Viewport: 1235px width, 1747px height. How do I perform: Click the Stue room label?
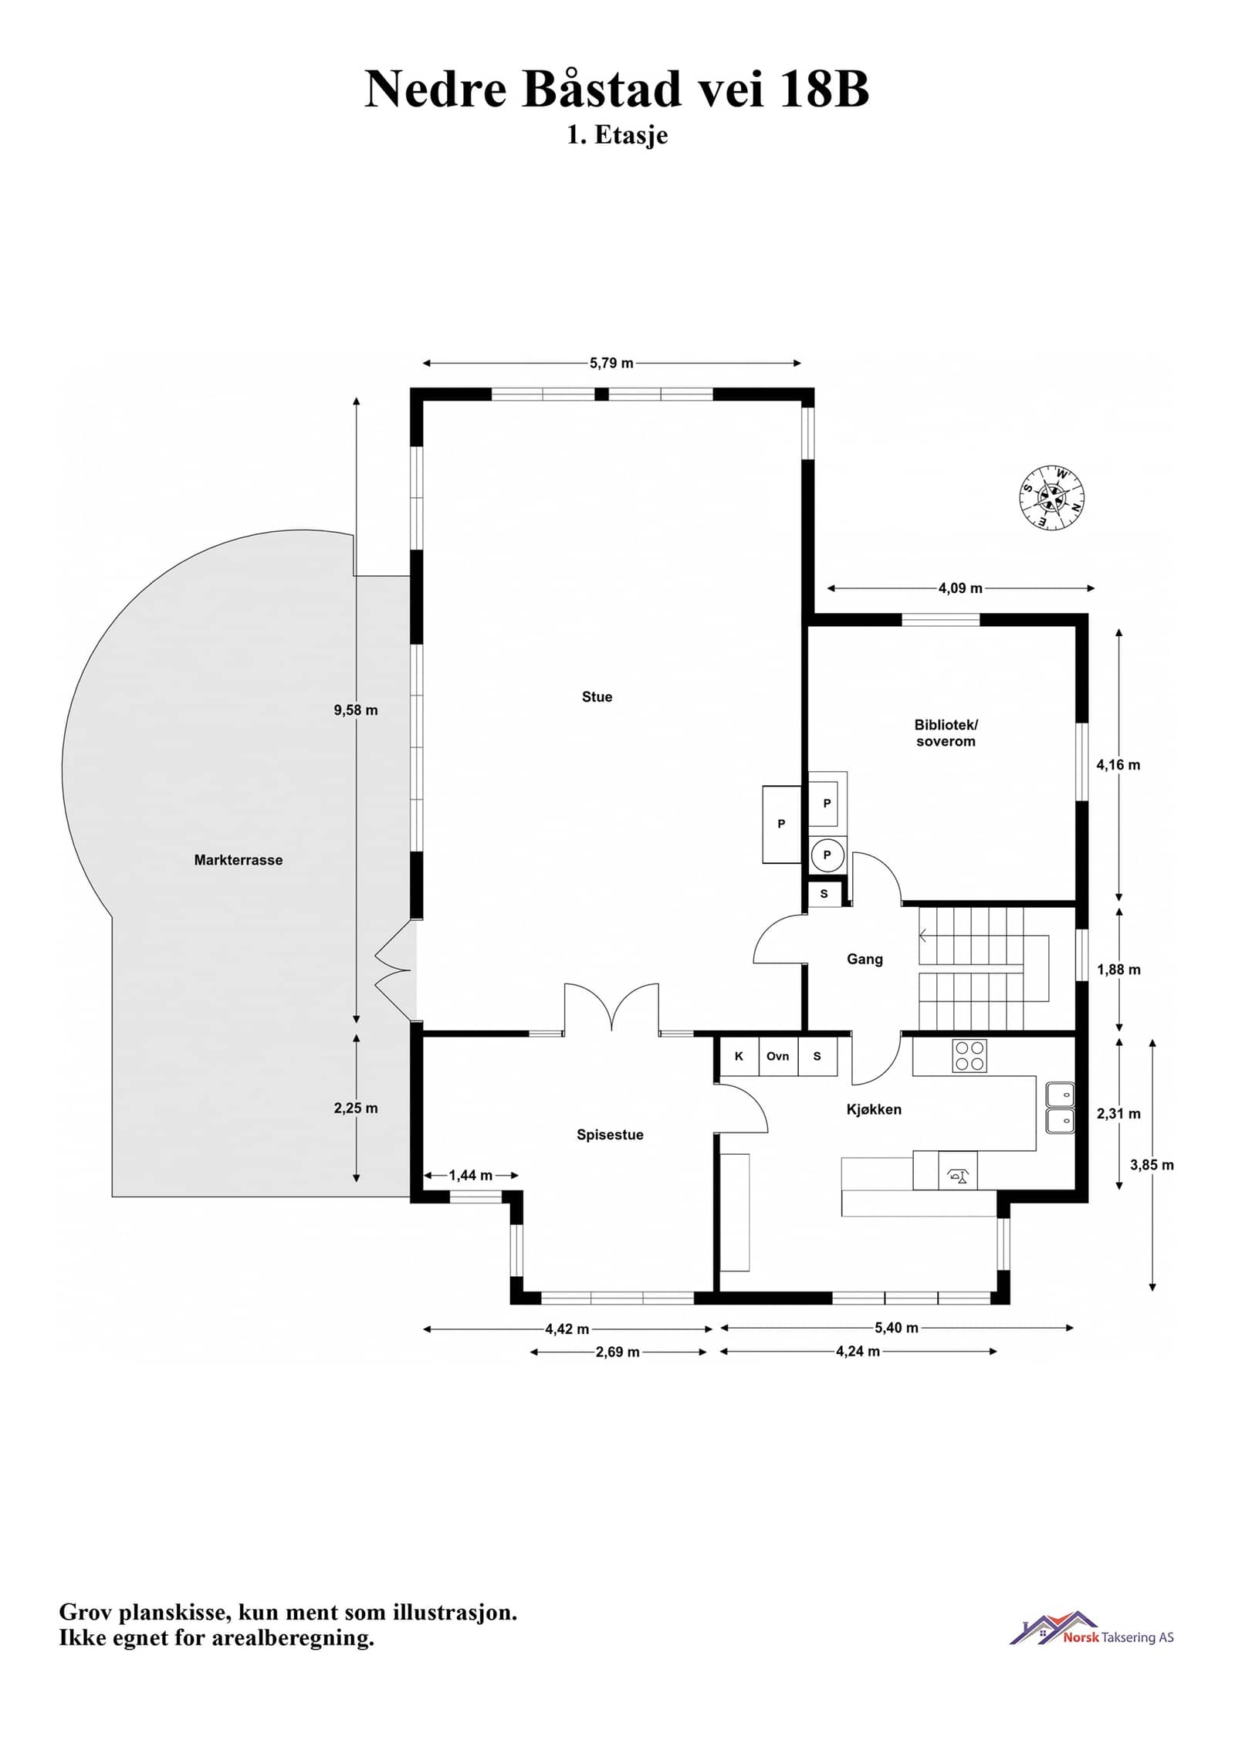[x=597, y=697]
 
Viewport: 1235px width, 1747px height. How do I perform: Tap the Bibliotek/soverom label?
[x=946, y=733]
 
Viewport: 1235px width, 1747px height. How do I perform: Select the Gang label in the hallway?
[x=864, y=959]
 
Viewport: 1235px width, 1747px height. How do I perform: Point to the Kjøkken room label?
[x=874, y=1109]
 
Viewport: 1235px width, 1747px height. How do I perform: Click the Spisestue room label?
[x=610, y=1135]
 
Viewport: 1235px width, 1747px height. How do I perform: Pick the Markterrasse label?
[x=239, y=860]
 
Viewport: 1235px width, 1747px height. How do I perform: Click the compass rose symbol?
[x=1051, y=497]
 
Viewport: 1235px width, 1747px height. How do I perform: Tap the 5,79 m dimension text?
[x=611, y=364]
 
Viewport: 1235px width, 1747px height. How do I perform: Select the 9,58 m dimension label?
[x=356, y=710]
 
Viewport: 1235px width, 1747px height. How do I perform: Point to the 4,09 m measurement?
[x=960, y=588]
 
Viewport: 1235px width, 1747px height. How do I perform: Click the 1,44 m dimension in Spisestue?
[x=471, y=1176]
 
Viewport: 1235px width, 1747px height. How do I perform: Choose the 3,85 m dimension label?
[x=1152, y=1165]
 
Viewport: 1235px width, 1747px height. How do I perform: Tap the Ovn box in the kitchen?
[x=778, y=1056]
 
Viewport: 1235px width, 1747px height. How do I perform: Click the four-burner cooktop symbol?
[x=969, y=1056]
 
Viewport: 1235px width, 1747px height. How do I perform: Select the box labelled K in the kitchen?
[x=739, y=1056]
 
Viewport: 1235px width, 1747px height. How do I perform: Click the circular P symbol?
[x=827, y=855]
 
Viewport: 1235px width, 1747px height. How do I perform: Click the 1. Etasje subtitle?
[x=617, y=135]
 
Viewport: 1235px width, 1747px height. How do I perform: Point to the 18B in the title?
[x=824, y=89]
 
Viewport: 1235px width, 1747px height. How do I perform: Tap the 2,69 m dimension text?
[x=617, y=1352]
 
